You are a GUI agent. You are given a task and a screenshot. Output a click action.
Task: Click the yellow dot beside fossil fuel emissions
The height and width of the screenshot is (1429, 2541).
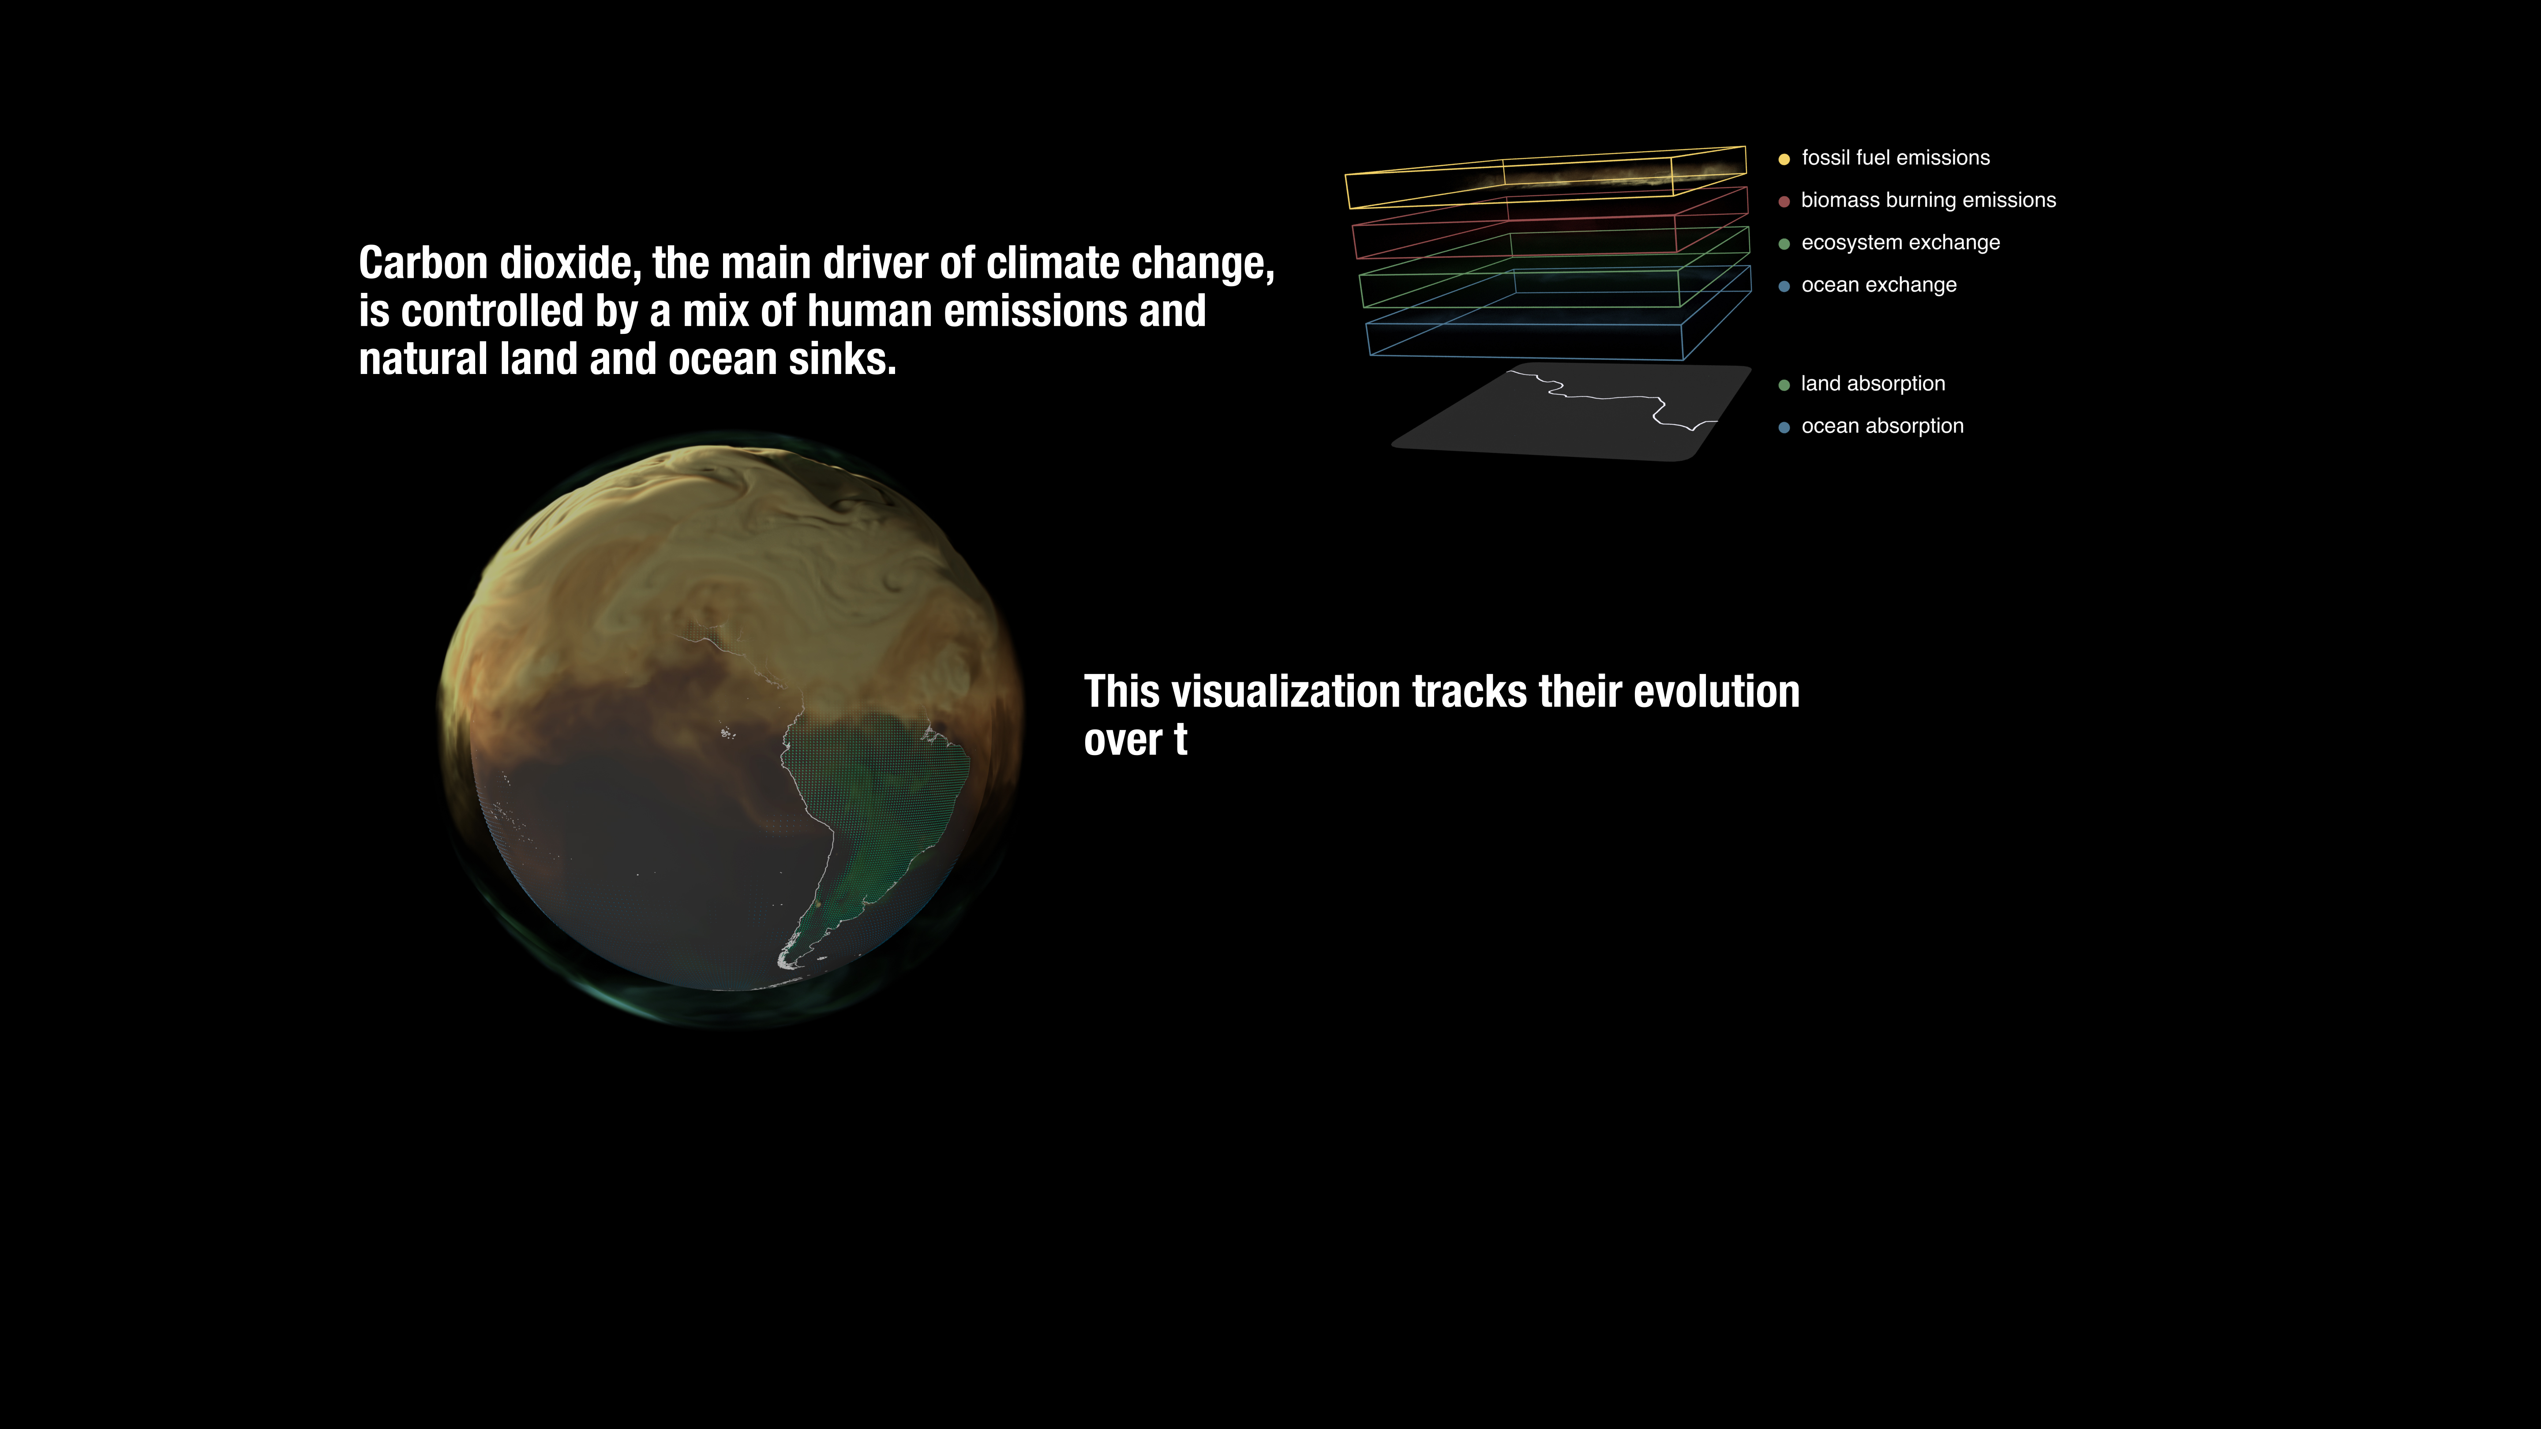(x=1784, y=159)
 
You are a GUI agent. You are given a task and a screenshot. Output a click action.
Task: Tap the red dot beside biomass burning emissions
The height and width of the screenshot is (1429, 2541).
(x=1784, y=201)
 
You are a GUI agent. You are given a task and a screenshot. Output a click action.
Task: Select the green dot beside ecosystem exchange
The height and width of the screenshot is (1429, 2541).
(x=1784, y=243)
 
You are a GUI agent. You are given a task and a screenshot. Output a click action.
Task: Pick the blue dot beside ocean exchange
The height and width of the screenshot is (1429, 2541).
(x=1784, y=286)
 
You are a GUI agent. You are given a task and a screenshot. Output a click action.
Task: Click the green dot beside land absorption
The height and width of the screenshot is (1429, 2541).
(x=1784, y=385)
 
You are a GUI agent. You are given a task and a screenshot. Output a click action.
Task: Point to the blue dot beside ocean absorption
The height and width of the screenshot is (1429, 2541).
(x=1784, y=427)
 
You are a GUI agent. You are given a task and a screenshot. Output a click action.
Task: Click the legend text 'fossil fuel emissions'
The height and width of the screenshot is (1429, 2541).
(x=1895, y=158)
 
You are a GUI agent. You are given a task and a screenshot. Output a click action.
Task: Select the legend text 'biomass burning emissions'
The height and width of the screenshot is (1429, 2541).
(x=1928, y=200)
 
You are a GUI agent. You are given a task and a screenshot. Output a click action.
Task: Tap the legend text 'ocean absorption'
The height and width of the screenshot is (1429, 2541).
(x=1882, y=426)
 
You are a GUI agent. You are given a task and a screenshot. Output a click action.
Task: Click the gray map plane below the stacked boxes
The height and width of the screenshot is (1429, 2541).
(x=1568, y=414)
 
